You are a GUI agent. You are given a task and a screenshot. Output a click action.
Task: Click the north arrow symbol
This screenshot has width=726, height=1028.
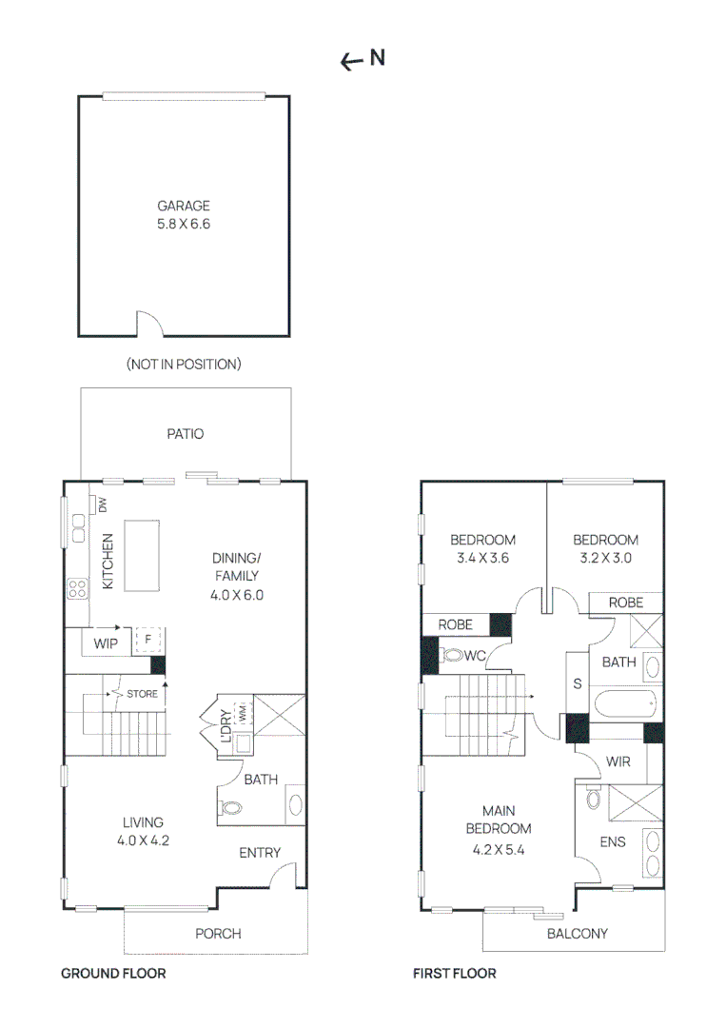click(x=352, y=62)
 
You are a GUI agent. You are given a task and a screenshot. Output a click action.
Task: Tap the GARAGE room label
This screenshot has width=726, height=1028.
click(x=184, y=206)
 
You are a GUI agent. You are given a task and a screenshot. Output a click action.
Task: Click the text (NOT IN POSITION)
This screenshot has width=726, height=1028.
click(x=184, y=364)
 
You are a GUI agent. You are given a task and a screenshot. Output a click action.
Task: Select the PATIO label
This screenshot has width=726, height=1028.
click(x=186, y=434)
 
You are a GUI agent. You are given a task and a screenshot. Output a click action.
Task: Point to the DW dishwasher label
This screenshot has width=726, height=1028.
click(x=101, y=505)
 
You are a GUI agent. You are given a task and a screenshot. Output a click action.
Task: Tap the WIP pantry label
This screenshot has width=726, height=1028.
click(x=105, y=644)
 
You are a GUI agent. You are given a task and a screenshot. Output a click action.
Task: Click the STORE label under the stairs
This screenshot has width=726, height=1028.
click(x=142, y=694)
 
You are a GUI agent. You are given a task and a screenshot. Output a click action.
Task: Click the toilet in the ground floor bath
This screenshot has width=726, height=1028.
click(x=232, y=808)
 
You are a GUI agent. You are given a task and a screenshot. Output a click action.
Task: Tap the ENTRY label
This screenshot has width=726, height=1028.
click(x=260, y=853)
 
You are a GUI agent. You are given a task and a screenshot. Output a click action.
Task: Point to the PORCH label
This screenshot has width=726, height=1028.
click(x=218, y=934)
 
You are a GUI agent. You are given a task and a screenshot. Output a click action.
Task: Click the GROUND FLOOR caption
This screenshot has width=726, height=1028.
click(x=113, y=974)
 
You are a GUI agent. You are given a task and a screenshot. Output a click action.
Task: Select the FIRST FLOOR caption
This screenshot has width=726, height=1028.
click(x=454, y=974)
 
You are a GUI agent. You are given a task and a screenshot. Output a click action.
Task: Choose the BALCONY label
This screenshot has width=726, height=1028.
click(x=577, y=934)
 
